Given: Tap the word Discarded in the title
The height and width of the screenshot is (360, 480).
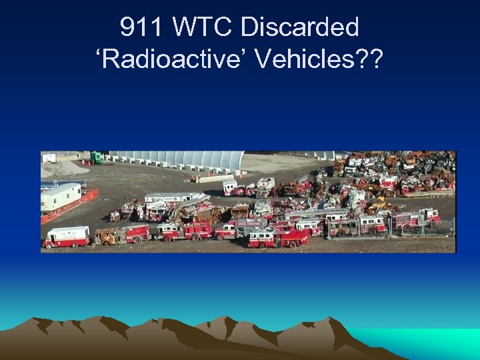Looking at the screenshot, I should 299,27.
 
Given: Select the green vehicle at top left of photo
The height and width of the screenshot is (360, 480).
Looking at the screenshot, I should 97,157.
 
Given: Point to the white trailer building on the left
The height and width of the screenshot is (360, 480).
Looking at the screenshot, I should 61,196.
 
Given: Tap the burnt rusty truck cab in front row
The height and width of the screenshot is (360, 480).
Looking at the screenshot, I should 107,236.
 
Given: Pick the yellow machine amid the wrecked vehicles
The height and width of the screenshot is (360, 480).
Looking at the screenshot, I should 381,200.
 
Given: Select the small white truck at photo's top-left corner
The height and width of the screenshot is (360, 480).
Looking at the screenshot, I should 49,158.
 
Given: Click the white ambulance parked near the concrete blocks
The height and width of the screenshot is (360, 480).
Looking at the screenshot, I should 230,186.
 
